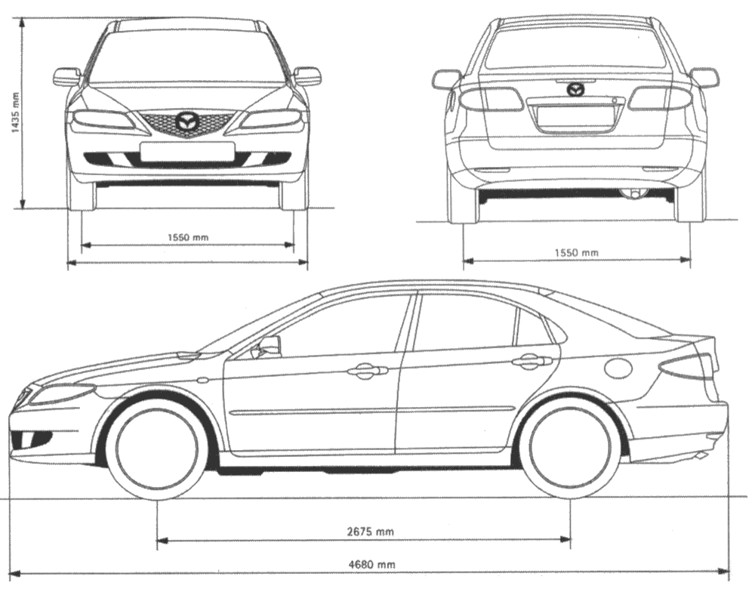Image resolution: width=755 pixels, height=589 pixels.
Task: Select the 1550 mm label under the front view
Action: pos(188,237)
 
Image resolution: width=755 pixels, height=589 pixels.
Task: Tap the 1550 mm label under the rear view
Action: pos(578,252)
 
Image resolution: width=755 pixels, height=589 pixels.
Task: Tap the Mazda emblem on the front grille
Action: pos(186,121)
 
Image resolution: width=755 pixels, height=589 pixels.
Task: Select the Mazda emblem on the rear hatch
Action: pos(576,89)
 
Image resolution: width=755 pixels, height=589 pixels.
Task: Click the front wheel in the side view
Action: pos(157,450)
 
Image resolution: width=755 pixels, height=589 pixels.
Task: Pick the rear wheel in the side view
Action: pos(570,450)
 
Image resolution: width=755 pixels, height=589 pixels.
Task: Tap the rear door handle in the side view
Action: pos(532,362)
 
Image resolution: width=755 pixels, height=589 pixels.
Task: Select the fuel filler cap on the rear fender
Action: pos(618,368)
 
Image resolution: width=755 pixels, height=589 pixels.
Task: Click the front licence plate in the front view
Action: pos(186,152)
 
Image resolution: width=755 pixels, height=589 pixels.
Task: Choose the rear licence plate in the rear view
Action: pos(575,116)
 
